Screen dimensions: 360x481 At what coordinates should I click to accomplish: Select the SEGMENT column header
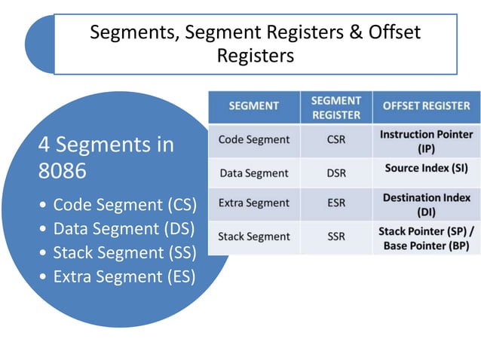(x=254, y=106)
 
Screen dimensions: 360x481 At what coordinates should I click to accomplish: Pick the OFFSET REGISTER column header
(x=426, y=106)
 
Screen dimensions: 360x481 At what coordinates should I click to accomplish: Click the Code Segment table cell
(x=253, y=140)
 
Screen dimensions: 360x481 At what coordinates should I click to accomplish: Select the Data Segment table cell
(x=253, y=173)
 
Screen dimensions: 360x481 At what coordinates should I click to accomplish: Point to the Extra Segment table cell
(x=253, y=203)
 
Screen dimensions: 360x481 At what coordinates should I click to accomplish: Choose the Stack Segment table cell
(x=253, y=236)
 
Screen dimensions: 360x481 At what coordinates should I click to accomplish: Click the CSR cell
(x=335, y=140)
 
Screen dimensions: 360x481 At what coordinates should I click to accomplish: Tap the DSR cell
(x=335, y=173)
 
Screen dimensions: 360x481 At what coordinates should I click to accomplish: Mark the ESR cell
(x=335, y=203)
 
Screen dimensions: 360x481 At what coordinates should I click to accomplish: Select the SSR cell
(x=335, y=236)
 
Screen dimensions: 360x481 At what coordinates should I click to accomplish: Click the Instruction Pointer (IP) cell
(x=426, y=141)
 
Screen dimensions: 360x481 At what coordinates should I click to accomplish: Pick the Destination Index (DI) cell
(x=426, y=203)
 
